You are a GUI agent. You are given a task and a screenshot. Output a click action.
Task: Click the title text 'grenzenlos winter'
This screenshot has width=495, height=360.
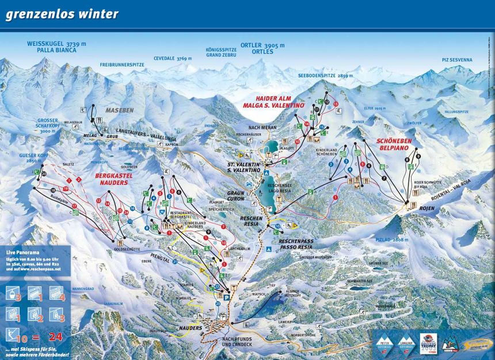click(62, 14)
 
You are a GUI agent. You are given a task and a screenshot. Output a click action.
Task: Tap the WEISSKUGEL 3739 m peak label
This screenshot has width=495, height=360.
click(56, 44)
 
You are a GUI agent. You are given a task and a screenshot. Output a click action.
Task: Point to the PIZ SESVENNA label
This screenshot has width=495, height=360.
click(456, 60)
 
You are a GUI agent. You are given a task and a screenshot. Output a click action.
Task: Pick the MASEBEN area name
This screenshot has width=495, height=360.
click(119, 109)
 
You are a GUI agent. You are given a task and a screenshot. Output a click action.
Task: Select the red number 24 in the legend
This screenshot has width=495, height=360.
click(57, 336)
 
